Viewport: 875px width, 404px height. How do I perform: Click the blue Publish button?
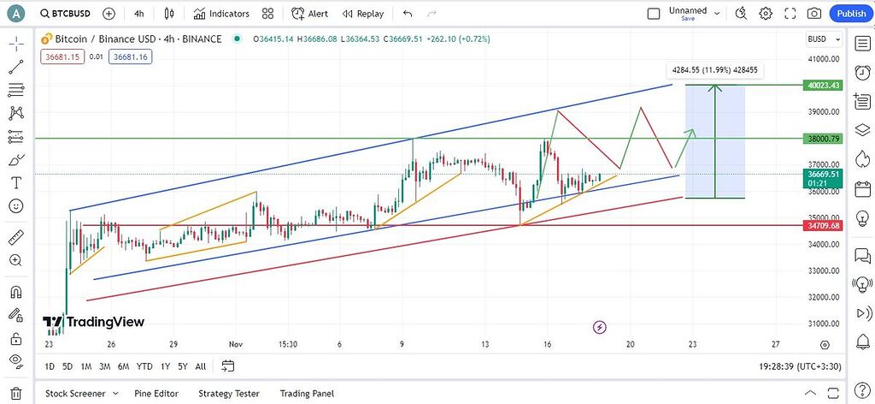(x=851, y=14)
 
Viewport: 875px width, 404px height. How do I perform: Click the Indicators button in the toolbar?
(x=221, y=14)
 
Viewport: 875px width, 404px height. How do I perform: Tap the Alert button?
(x=309, y=14)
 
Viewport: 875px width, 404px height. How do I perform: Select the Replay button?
(x=363, y=14)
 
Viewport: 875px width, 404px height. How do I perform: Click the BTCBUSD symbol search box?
(x=66, y=14)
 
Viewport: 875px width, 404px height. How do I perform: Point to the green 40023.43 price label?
(x=824, y=85)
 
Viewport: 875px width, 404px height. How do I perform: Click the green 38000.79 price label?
(x=824, y=138)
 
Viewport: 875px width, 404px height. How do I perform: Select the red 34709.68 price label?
(x=824, y=226)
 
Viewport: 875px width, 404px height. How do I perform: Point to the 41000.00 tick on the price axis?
(x=824, y=59)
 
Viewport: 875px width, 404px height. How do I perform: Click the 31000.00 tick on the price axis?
(x=824, y=324)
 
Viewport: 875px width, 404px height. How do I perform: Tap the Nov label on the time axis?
(x=236, y=344)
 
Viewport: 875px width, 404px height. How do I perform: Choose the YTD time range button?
(x=144, y=366)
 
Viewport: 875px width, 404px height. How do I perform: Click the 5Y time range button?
(x=182, y=366)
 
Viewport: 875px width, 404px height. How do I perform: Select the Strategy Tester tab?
(x=228, y=394)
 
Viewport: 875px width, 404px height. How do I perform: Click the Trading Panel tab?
(x=307, y=394)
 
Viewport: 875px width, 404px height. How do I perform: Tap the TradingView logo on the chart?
(x=94, y=322)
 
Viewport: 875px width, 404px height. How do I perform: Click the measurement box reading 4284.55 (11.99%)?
(x=714, y=71)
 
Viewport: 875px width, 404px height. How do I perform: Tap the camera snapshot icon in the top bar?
(x=814, y=14)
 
